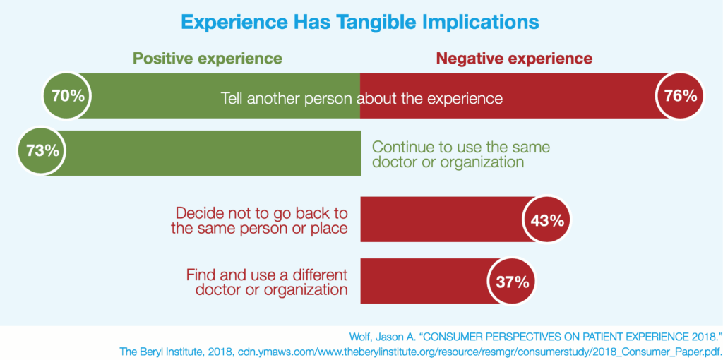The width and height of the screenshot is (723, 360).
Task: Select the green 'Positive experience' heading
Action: pyautogui.click(x=208, y=58)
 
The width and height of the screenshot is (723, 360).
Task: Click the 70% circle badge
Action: pyautogui.click(x=68, y=95)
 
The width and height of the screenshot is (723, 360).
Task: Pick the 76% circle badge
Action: pyautogui.click(x=681, y=95)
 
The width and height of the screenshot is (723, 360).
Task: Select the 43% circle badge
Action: pyautogui.click(x=546, y=220)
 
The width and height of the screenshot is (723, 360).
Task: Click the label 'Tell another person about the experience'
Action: pyautogui.click(x=361, y=98)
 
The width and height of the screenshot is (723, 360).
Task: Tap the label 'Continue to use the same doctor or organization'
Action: pyautogui.click(x=460, y=154)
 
